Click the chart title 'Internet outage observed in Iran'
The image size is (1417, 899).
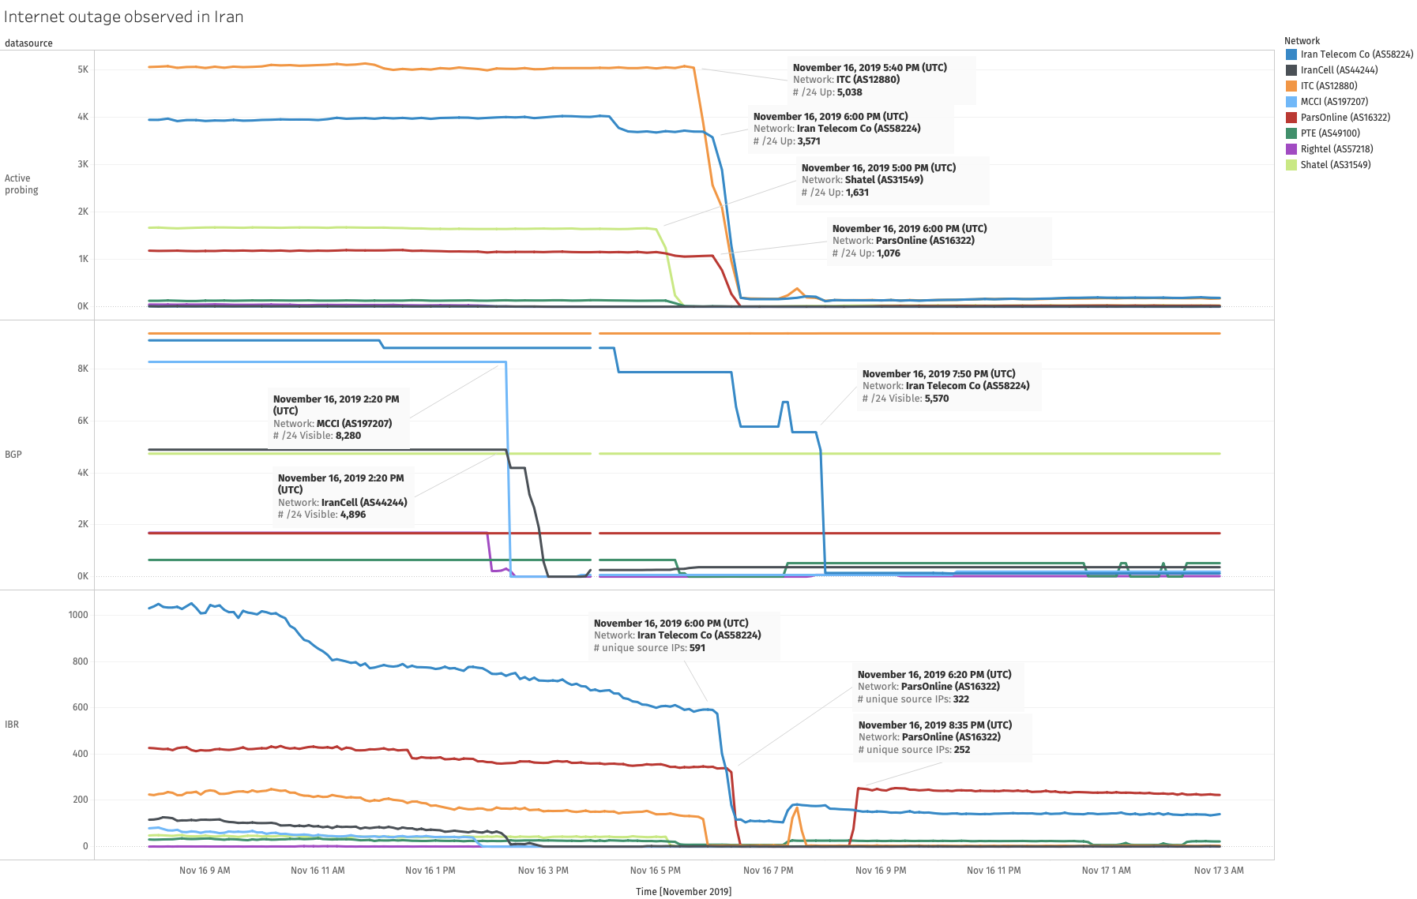coord(123,17)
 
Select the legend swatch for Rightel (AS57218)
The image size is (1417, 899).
coord(1291,149)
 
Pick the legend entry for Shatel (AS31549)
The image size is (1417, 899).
coord(1335,165)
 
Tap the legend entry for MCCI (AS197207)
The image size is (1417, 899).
coord(1334,102)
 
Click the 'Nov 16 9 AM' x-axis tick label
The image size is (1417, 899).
coord(205,871)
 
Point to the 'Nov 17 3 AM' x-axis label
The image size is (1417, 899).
coord(1219,871)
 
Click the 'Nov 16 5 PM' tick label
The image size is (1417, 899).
coord(656,871)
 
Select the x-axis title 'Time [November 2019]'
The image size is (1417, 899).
coord(683,892)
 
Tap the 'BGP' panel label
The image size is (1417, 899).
coord(13,455)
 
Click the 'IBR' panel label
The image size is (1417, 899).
coord(12,725)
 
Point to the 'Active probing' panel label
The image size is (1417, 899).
coord(21,184)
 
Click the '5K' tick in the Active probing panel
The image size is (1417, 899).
coord(83,69)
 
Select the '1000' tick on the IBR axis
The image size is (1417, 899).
coord(78,615)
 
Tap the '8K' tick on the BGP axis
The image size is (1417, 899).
coord(83,369)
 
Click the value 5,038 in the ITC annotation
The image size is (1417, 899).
coord(850,92)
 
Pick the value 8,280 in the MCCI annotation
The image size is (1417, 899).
coord(348,436)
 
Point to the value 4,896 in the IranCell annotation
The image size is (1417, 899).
coord(353,515)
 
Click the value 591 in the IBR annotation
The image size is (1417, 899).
coord(697,648)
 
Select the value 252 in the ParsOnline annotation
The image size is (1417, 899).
coord(962,750)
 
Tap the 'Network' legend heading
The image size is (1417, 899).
coord(1302,41)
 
